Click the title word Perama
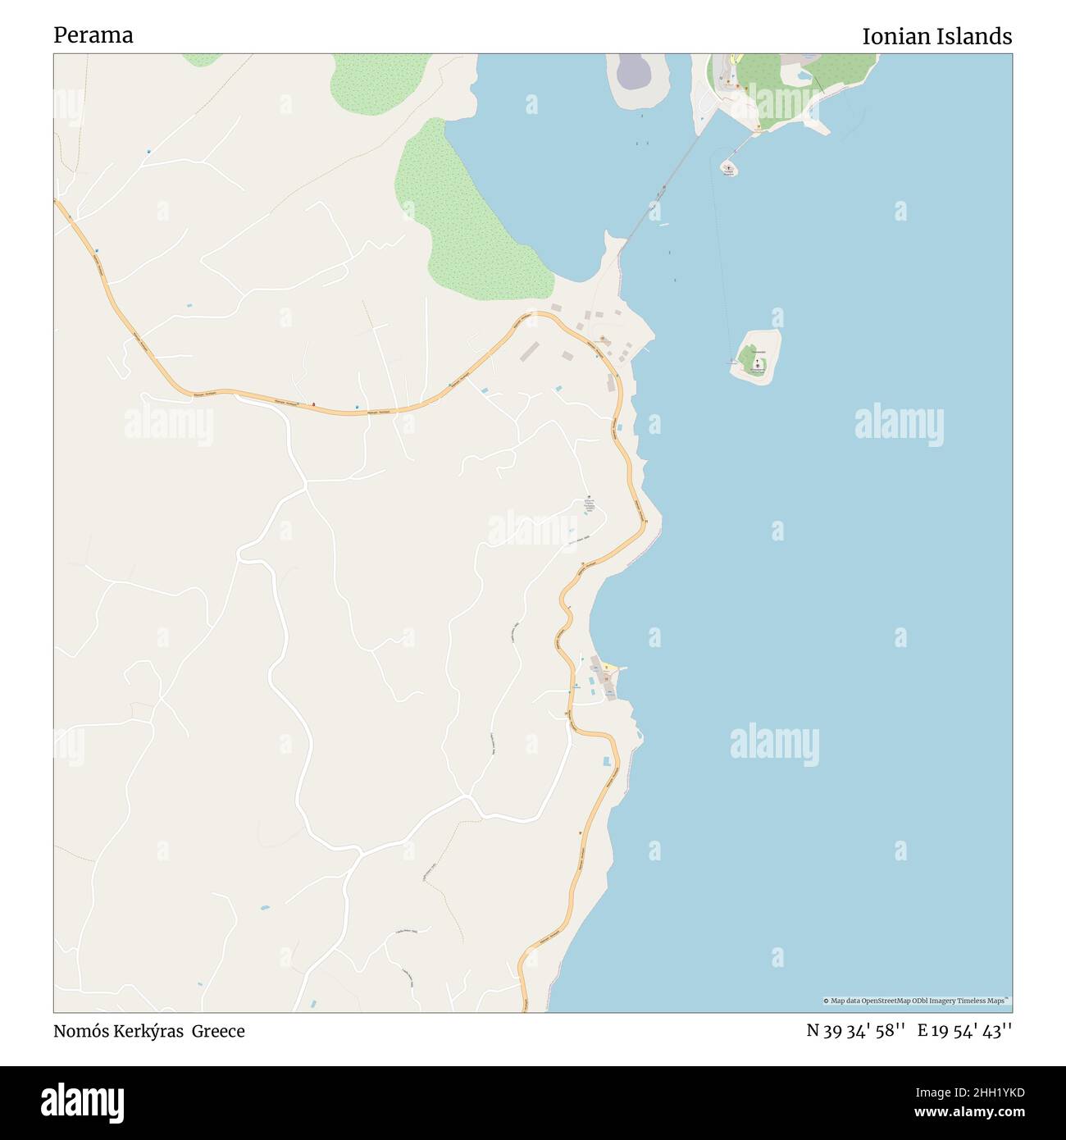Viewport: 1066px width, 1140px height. [x=93, y=35]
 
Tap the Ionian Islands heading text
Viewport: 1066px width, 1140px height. [x=936, y=37]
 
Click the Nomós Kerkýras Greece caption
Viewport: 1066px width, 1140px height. [x=148, y=1031]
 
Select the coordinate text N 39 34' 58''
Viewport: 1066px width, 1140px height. [x=855, y=1031]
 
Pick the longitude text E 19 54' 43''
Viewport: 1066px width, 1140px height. [x=964, y=1031]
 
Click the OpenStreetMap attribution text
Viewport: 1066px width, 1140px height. [x=917, y=1001]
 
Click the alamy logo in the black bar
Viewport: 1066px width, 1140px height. [x=82, y=1102]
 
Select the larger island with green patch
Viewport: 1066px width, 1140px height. [x=755, y=358]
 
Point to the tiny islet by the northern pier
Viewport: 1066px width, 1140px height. [x=728, y=169]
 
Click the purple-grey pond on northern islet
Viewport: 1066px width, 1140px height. [x=631, y=72]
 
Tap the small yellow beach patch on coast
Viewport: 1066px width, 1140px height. [x=607, y=667]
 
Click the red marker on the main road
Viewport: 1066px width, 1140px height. [x=312, y=404]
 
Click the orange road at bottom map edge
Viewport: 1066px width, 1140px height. [x=525, y=1005]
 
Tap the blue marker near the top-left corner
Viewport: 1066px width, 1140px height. [x=148, y=152]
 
